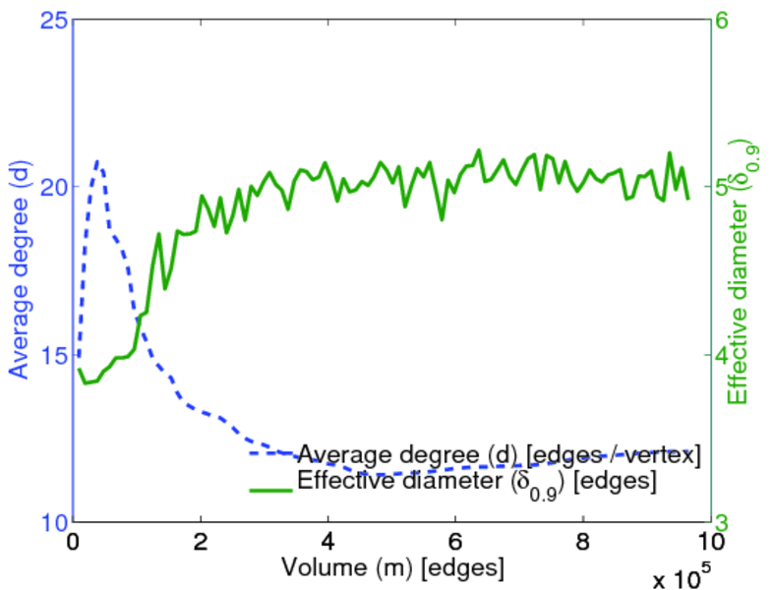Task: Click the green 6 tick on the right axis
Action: (732, 19)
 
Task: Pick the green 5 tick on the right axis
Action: (732, 187)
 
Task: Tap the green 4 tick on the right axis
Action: (732, 354)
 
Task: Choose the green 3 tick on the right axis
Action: (732, 521)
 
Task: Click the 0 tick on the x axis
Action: (73, 542)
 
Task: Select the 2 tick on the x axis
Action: (201, 542)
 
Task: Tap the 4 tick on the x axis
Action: (327, 542)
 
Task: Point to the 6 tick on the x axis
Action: (455, 542)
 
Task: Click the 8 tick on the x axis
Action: (583, 542)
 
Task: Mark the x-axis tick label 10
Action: (710, 542)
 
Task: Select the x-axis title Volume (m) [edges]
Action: (393, 567)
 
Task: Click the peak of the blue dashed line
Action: (97, 160)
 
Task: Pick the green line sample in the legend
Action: (271, 487)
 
